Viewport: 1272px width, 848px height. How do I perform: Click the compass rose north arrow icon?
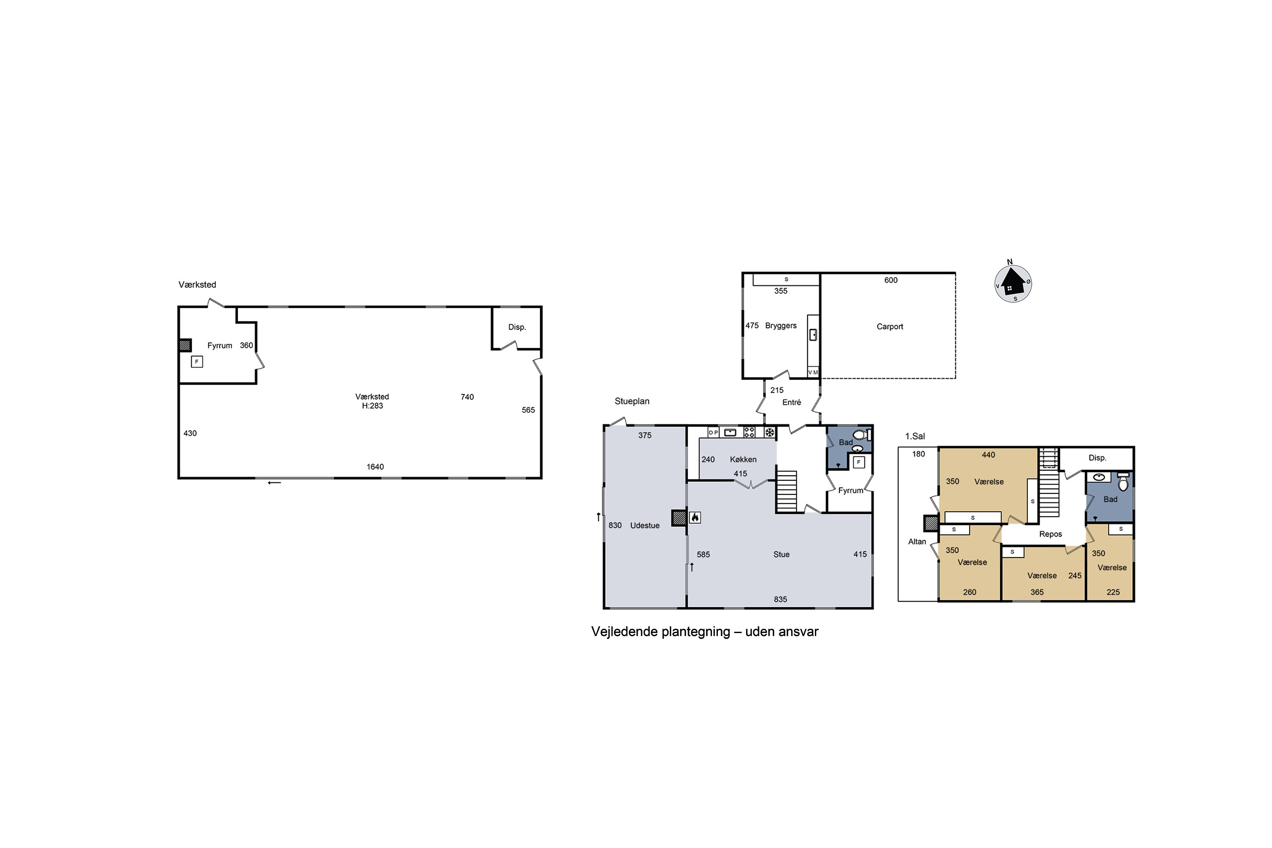pyautogui.click(x=1013, y=282)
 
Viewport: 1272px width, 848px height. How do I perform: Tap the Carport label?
pyautogui.click(x=890, y=326)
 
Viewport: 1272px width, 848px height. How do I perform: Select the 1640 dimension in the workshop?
pyautogui.click(x=375, y=467)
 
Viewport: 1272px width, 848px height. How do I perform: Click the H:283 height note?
pyautogui.click(x=372, y=406)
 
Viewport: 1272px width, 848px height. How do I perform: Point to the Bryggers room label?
pyautogui.click(x=781, y=326)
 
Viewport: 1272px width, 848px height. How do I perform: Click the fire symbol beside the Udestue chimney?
pyautogui.click(x=695, y=518)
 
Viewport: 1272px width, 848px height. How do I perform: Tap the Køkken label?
pyautogui.click(x=743, y=459)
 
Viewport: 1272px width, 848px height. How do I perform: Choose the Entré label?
pyautogui.click(x=791, y=402)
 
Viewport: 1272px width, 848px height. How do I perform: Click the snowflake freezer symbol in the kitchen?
pyautogui.click(x=770, y=432)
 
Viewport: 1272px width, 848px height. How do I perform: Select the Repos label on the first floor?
pyautogui.click(x=1050, y=534)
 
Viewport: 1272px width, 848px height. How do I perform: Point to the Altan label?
pyautogui.click(x=917, y=542)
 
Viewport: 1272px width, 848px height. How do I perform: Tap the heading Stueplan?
pyautogui.click(x=632, y=401)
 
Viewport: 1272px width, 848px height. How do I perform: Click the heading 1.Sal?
pyautogui.click(x=915, y=436)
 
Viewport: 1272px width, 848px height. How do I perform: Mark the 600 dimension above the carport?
pyautogui.click(x=891, y=280)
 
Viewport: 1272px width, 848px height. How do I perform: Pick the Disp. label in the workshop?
pyautogui.click(x=516, y=327)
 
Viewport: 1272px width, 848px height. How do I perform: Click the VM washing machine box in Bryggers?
pyautogui.click(x=813, y=373)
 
